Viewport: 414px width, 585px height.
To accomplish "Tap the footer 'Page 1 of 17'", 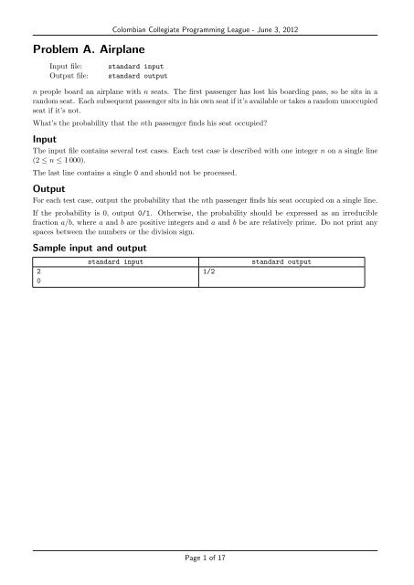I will point(207,557).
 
